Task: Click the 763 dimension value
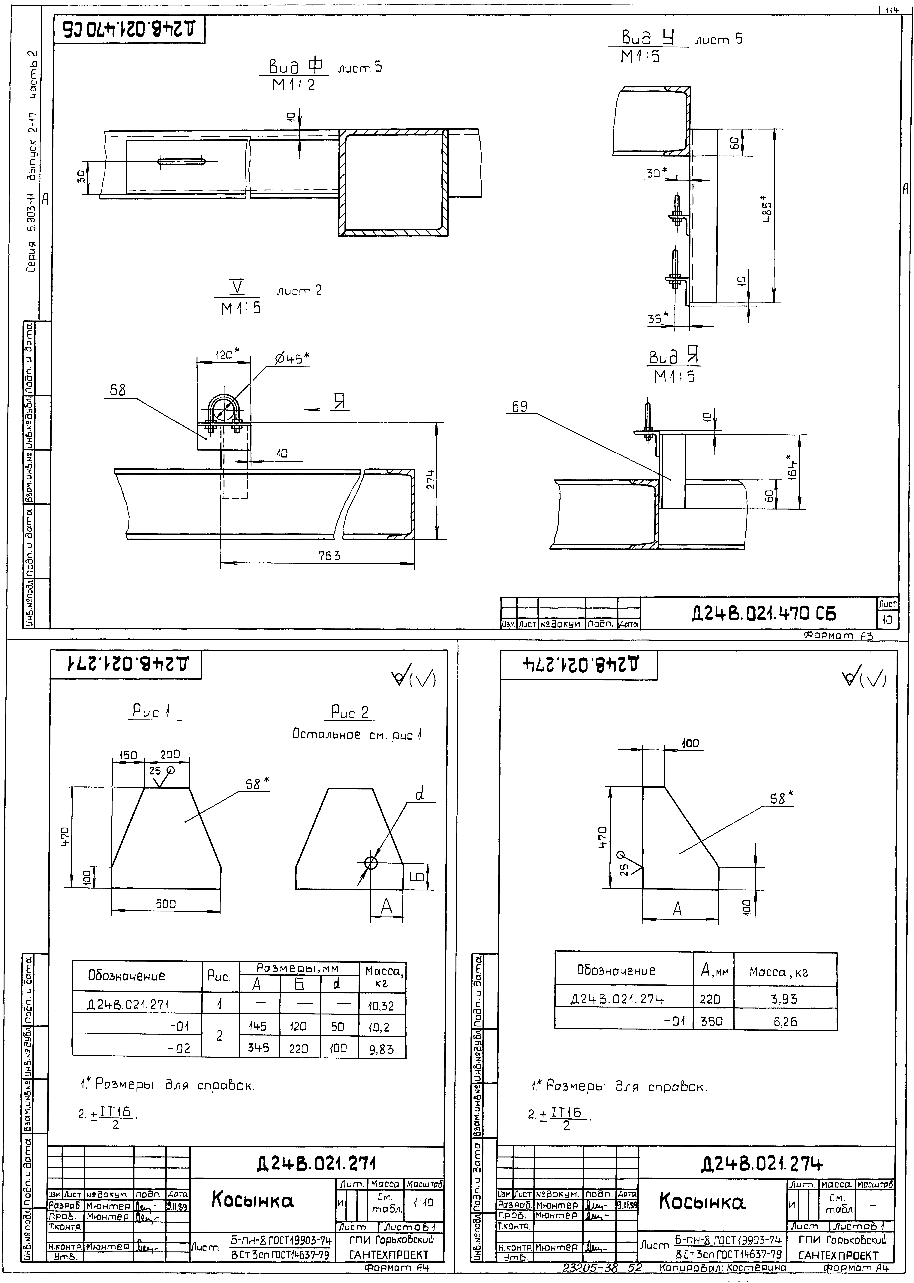coord(329,556)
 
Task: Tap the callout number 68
coord(118,390)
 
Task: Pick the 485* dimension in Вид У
coord(765,209)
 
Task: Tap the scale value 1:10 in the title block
coord(423,1202)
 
